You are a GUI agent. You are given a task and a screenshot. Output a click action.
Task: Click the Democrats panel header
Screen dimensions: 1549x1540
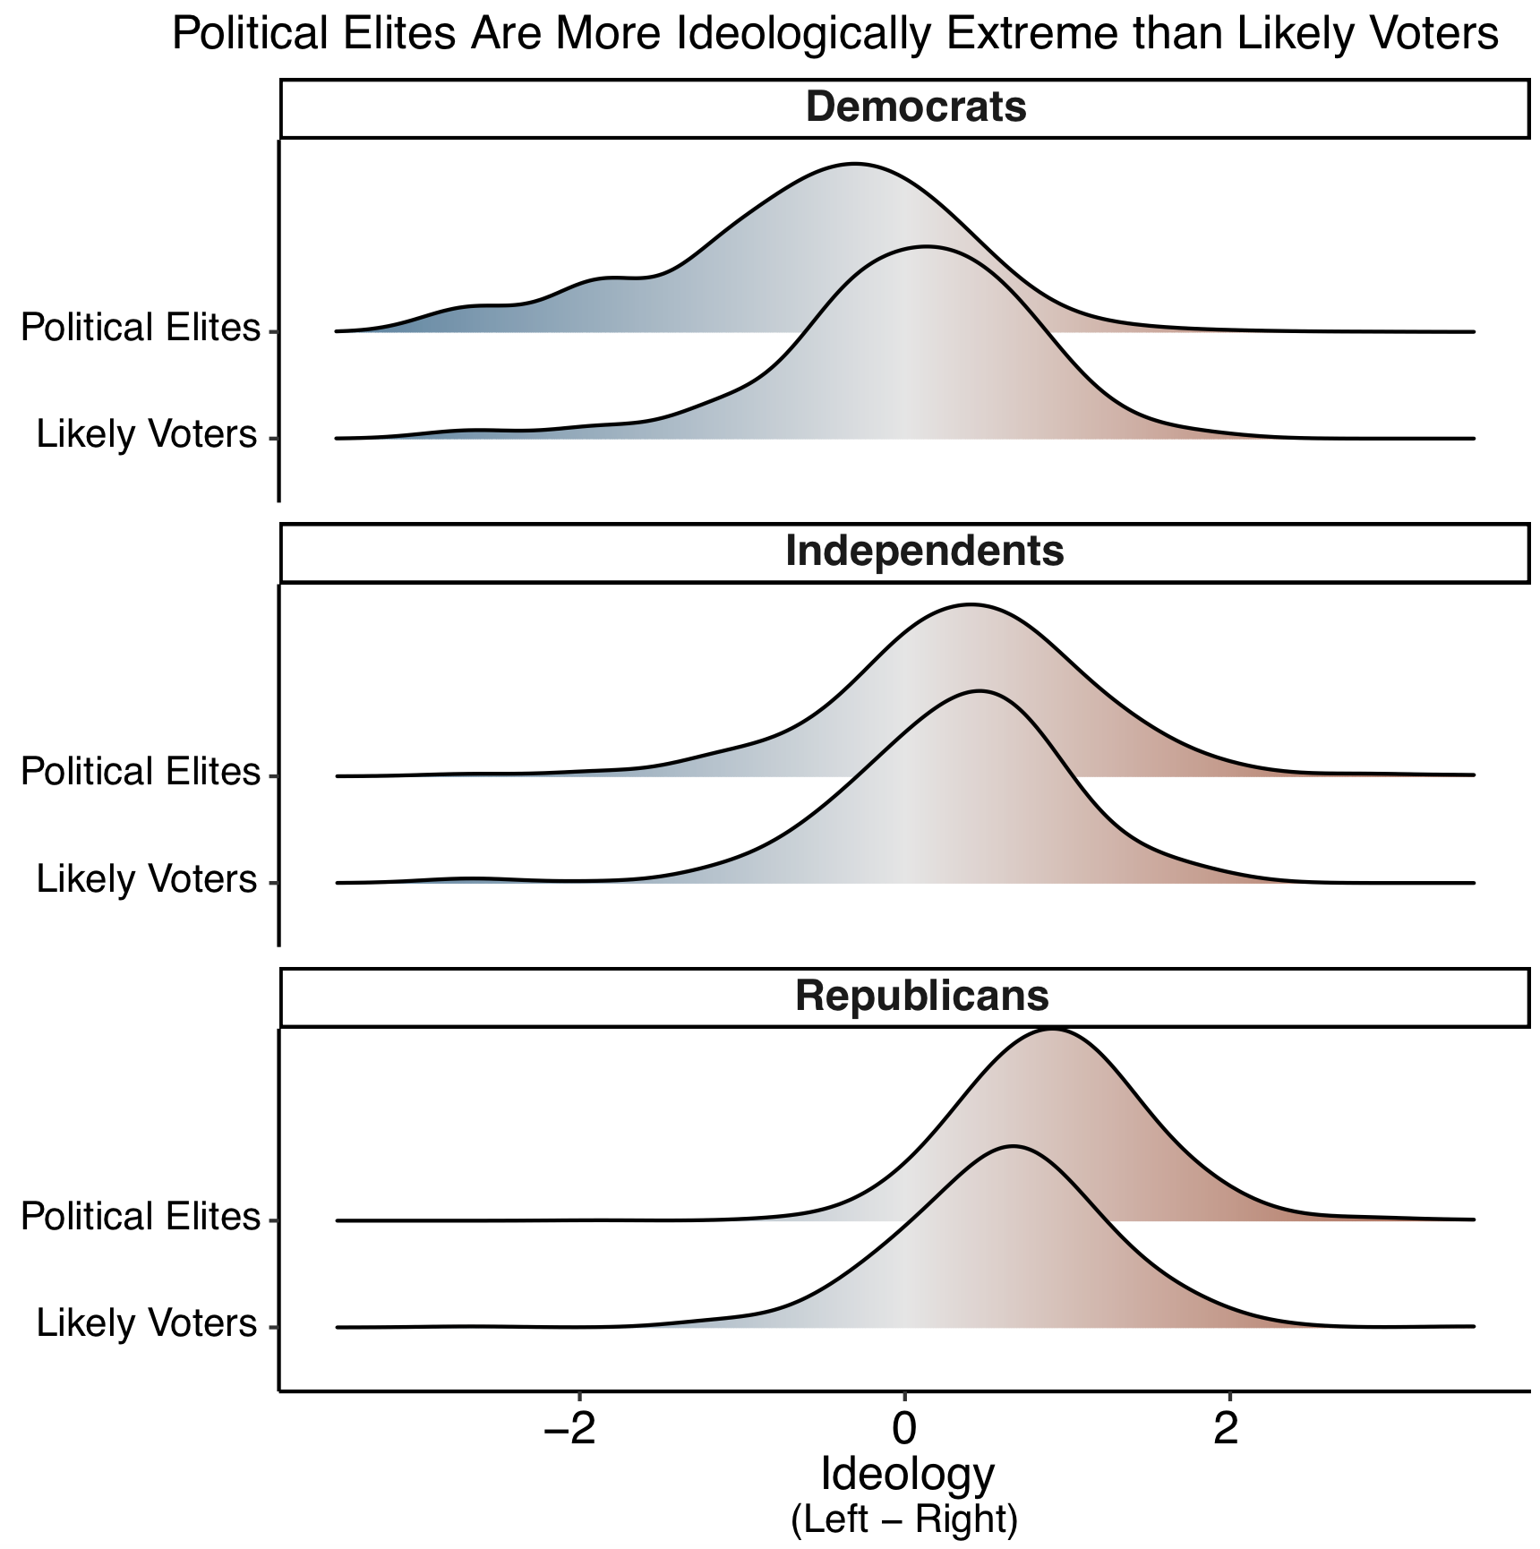click(915, 107)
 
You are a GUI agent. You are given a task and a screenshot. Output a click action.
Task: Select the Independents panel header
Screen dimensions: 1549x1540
click(924, 552)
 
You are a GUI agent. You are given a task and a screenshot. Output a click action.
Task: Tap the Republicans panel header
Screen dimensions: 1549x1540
click(921, 996)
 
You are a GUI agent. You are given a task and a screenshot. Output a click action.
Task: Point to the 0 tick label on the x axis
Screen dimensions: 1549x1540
click(905, 1430)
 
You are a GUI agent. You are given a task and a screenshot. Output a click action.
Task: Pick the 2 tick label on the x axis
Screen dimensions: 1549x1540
click(1226, 1430)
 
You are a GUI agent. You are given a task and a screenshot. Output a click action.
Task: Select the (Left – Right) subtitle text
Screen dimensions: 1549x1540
click(904, 1519)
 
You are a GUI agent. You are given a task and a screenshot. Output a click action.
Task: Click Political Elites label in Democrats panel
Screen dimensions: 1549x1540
click(140, 328)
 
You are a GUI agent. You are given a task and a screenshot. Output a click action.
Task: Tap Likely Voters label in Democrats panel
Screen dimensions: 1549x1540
click(147, 434)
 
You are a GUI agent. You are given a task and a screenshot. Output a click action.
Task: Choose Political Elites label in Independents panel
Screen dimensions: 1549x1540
click(140, 772)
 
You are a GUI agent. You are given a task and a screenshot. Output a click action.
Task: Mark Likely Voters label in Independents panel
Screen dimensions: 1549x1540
click(147, 879)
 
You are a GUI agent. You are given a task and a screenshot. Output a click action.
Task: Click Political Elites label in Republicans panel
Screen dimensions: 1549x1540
click(140, 1217)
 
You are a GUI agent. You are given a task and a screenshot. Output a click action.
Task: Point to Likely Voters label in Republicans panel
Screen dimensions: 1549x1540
click(147, 1323)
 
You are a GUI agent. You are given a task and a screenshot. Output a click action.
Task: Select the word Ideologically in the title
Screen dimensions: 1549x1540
click(800, 34)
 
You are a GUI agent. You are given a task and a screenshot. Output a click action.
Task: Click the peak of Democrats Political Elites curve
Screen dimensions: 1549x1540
click(855, 165)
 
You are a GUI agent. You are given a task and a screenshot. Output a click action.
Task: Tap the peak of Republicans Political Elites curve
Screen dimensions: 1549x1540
click(1053, 1031)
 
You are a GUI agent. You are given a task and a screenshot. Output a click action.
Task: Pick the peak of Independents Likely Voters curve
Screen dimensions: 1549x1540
click(980, 691)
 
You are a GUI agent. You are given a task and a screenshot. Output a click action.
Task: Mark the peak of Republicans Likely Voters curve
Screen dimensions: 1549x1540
click(1013, 1146)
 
